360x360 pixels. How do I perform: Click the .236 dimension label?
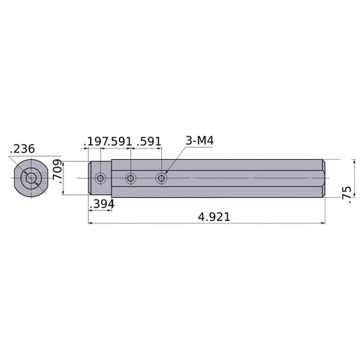coord(22,149)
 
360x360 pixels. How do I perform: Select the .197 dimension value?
coord(96,141)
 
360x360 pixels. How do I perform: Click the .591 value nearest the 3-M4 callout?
coord(148,141)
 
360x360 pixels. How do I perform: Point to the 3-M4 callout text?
coord(199,140)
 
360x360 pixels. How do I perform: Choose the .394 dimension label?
coord(102,205)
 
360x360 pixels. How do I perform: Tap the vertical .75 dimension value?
coord(347,191)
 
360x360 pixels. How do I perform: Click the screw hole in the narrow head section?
coord(100,178)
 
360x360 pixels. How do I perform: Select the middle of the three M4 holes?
coord(130,178)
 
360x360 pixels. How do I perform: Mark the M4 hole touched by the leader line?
coord(161,178)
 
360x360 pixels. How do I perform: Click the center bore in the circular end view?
coord(31,178)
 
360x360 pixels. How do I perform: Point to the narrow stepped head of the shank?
coord(99,178)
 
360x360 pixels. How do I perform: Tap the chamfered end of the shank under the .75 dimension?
coord(323,178)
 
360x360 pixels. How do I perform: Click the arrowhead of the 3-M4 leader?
coord(166,173)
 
